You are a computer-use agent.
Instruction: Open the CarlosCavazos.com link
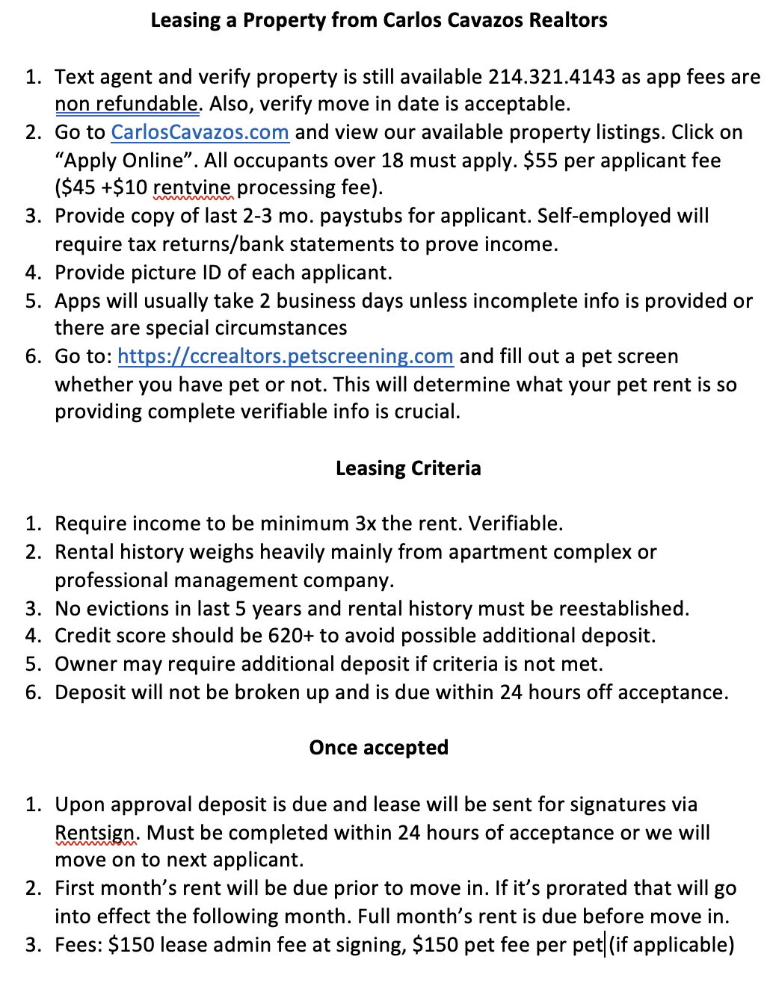coord(200,133)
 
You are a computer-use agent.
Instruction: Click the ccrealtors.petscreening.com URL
coord(286,356)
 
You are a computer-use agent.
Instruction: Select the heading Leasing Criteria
coord(408,468)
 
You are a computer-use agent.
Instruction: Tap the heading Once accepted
coord(379,748)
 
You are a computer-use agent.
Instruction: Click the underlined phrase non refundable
coord(127,104)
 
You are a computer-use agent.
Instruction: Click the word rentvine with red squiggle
coord(193,187)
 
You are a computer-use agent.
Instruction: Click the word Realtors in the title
coord(568,20)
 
